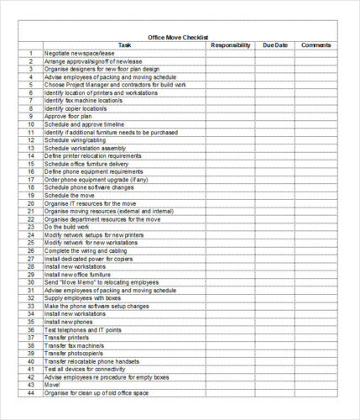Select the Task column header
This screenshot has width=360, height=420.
124,45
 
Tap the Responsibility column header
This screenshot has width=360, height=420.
230,45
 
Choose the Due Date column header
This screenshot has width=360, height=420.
274,45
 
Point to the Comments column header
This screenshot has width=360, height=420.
316,45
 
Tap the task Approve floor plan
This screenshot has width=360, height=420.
65,116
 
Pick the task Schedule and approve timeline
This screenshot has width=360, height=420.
80,123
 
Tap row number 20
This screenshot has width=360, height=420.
30,202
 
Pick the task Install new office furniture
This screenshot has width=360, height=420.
77,274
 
